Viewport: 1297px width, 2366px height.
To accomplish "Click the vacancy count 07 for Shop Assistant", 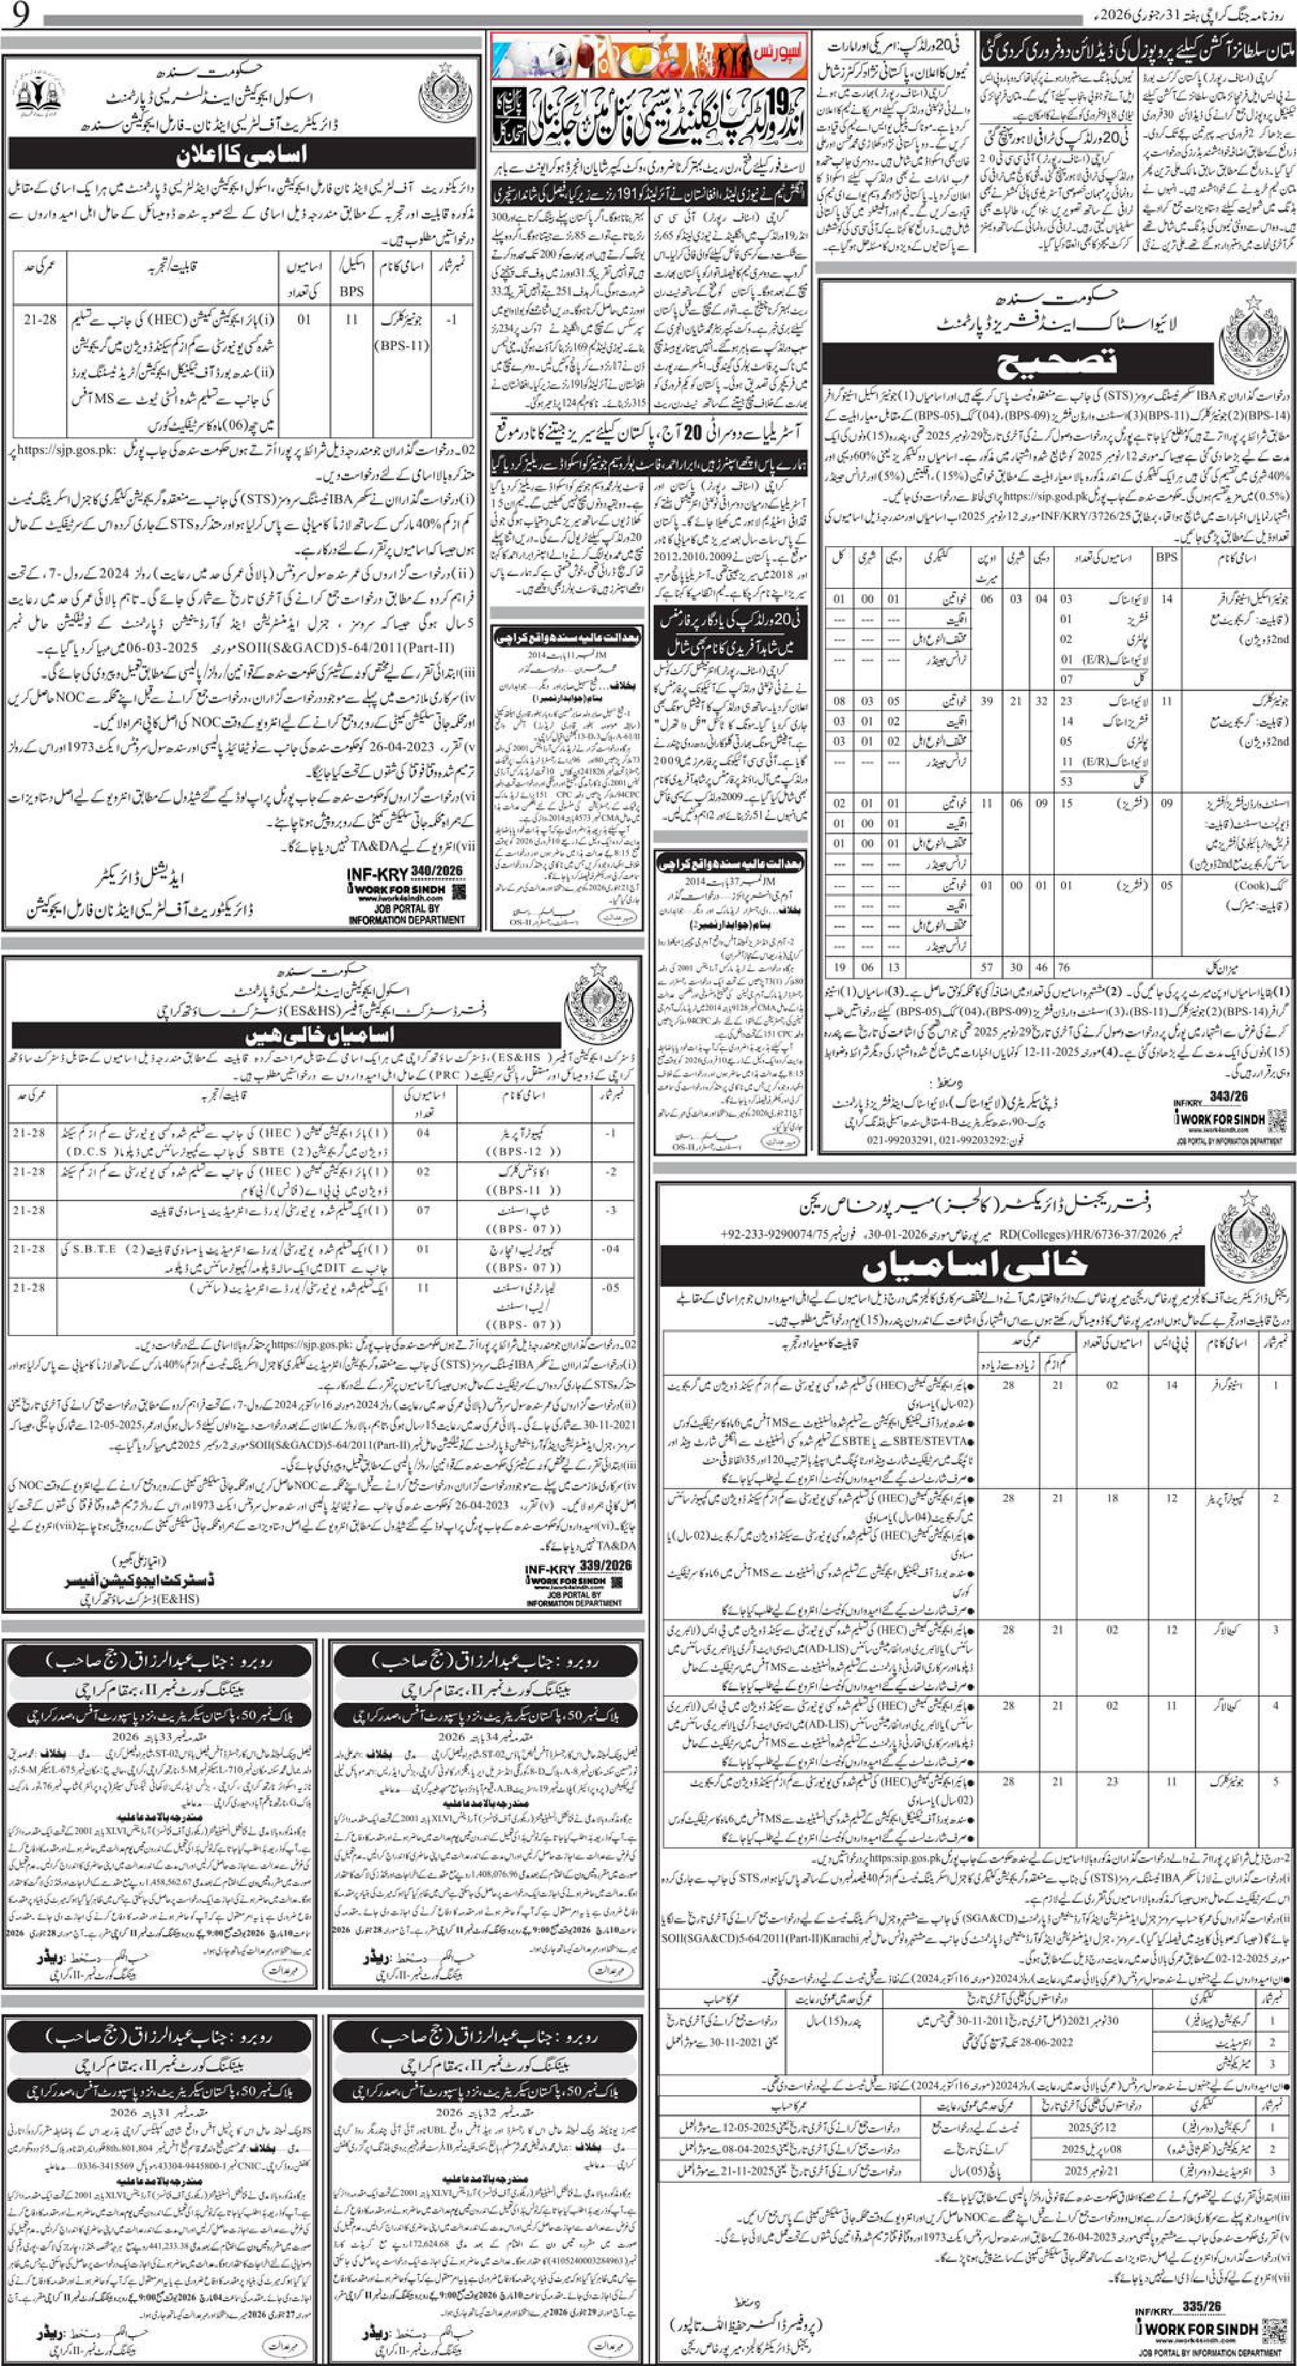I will point(423,1210).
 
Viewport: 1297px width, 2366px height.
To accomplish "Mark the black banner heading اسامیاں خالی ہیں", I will point(321,1035).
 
